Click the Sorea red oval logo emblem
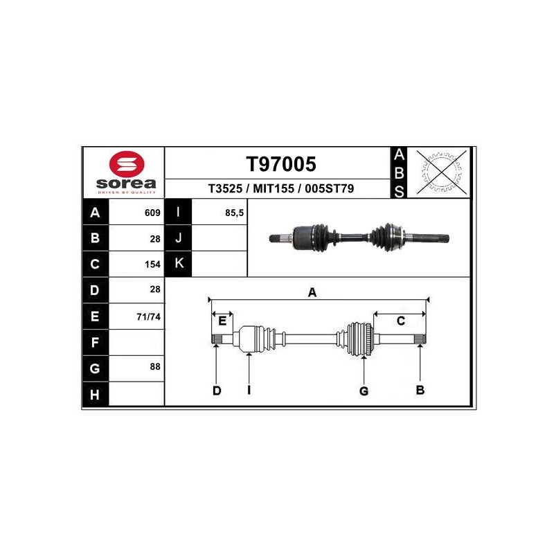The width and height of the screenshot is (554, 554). [x=127, y=164]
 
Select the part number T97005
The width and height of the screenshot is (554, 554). [x=281, y=164]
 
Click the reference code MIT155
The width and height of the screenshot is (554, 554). [x=274, y=188]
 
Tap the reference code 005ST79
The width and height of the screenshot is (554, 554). [x=330, y=188]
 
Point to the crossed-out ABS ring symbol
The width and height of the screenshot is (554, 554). [x=441, y=172]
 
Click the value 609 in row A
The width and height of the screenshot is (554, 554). [x=152, y=213]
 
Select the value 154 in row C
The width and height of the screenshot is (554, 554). [x=152, y=265]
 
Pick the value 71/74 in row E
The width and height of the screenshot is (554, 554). [x=148, y=316]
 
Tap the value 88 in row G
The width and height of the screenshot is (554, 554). [x=155, y=367]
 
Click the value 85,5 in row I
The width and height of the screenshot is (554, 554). [x=234, y=213]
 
